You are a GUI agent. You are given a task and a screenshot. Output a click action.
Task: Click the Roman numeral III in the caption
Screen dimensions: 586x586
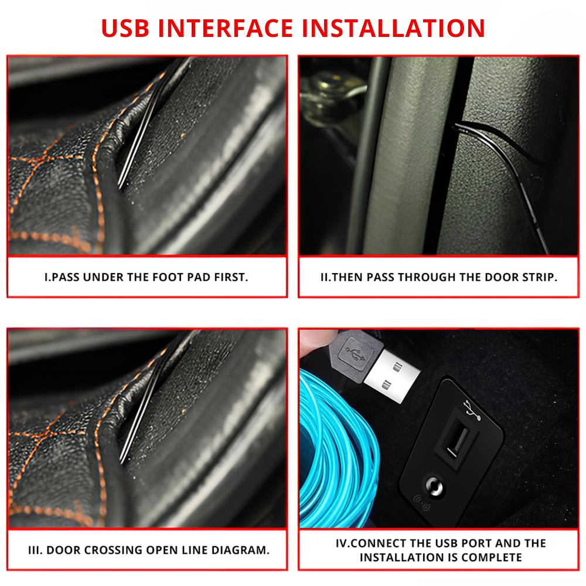coord(35,550)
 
